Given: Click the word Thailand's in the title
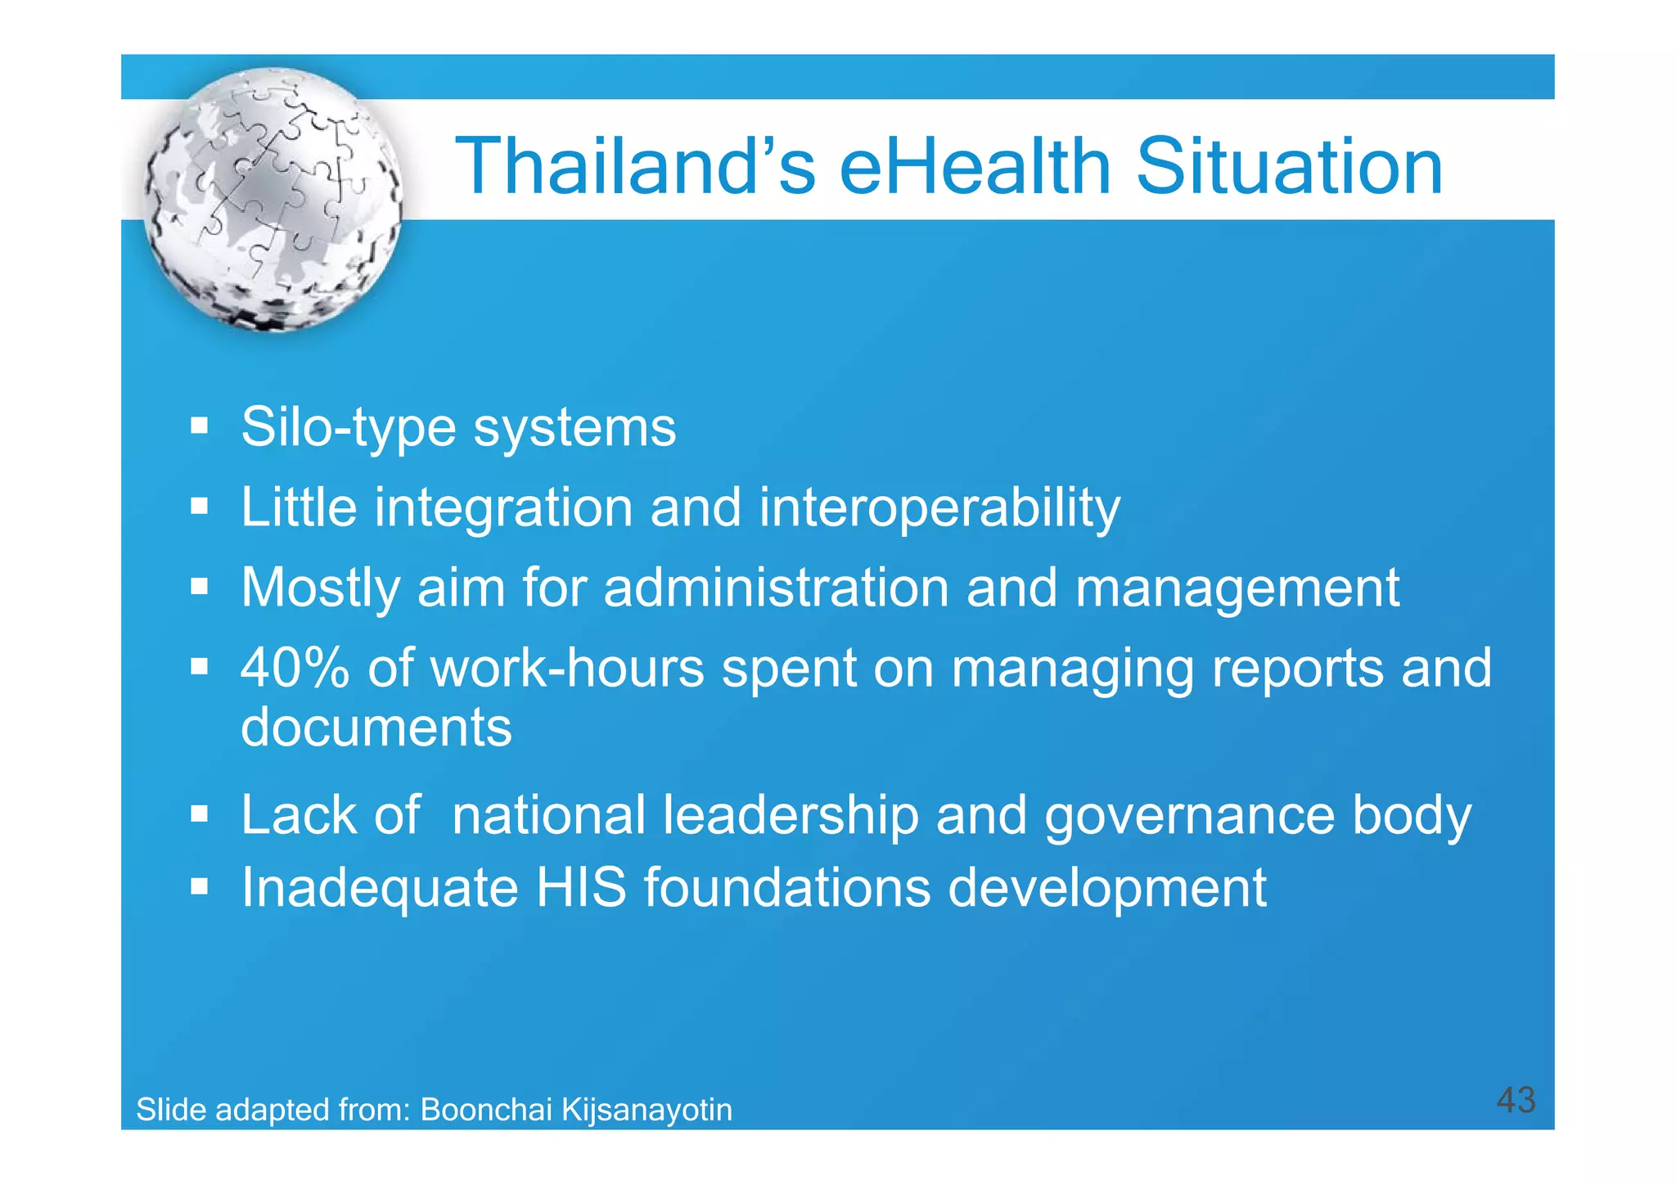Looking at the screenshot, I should pos(635,167).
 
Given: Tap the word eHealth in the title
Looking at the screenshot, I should pos(975,167).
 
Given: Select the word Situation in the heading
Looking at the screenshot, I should pos(1290,167).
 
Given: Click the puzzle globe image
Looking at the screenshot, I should pos(273,200).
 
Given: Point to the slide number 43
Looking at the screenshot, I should pos(1516,1100).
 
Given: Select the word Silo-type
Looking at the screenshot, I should pos(348,428).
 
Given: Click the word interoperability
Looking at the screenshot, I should pos(939,508).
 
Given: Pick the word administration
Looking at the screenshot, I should pos(776,588).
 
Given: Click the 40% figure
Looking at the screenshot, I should pos(295,668).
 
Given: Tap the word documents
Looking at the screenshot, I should pos(376,727).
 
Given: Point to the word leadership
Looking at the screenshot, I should pos(791,815).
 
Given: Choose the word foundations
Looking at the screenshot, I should pos(787,888).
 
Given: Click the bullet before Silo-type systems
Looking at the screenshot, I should pos(199,426).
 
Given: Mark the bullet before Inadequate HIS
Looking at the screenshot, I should pos(199,886).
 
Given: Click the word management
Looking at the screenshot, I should pos(1237,588).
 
